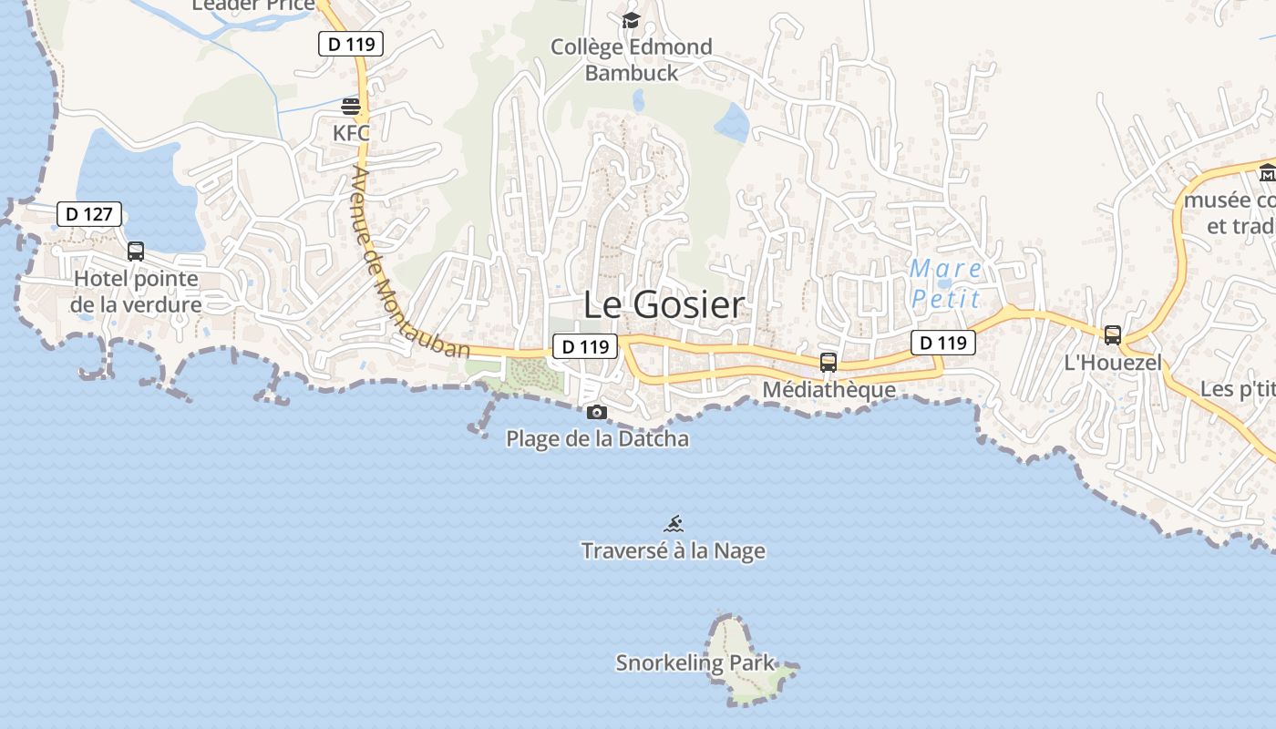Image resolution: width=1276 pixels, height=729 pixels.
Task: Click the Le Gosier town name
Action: click(x=664, y=305)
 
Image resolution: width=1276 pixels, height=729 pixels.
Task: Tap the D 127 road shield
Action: click(x=89, y=215)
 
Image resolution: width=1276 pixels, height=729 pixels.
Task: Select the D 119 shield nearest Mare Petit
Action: click(x=942, y=343)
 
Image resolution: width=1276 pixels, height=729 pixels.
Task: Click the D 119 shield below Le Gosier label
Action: click(x=584, y=346)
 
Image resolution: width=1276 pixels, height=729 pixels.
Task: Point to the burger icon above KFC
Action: click(x=351, y=107)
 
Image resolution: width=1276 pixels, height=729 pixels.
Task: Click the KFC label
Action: click(x=351, y=133)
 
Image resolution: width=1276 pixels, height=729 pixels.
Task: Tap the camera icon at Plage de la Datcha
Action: click(x=597, y=413)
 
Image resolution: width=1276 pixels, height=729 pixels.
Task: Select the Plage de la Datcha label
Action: click(x=597, y=439)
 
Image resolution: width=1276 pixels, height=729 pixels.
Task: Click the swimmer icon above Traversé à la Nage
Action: click(x=674, y=524)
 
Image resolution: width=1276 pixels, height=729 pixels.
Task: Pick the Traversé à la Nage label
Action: click(x=674, y=551)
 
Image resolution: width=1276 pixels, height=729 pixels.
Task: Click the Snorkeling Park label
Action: click(x=695, y=663)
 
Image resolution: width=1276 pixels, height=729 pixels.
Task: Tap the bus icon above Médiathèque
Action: click(x=828, y=363)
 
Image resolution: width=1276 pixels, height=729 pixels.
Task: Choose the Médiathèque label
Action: click(x=828, y=390)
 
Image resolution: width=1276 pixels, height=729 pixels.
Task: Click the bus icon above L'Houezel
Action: click(x=1112, y=335)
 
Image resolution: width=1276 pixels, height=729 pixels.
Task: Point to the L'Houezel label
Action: click(x=1113, y=363)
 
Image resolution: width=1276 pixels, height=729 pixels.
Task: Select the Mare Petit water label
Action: click(x=946, y=283)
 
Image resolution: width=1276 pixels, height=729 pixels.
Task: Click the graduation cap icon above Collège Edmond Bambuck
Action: click(x=631, y=20)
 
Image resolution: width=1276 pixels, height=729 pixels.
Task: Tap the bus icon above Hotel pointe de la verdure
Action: click(x=136, y=252)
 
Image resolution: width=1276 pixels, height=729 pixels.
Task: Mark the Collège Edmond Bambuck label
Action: click(x=632, y=59)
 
